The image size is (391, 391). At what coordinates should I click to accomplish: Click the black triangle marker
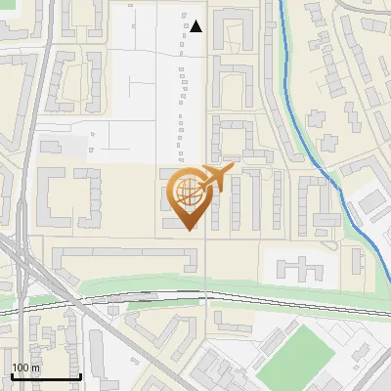[x=196, y=26]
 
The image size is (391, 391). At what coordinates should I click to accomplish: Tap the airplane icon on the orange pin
[x=216, y=177]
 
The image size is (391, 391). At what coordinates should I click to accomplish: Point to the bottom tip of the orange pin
[x=190, y=230]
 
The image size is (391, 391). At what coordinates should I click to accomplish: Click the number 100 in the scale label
[x=21, y=369]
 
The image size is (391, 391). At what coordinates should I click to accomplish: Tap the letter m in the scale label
[x=35, y=369]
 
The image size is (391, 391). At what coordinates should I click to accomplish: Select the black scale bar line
[x=46, y=377]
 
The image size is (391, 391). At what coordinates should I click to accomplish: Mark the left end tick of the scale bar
[x=12, y=376]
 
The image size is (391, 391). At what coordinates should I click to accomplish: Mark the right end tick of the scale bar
[x=80, y=376]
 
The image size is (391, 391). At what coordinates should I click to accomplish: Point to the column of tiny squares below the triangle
[x=181, y=98]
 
